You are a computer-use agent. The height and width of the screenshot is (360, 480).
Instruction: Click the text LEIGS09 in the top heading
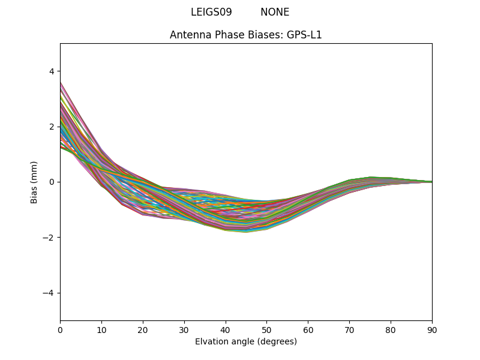(211, 12)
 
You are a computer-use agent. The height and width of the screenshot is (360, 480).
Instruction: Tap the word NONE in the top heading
(275, 12)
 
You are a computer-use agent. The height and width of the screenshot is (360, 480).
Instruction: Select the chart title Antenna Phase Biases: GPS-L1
(246, 35)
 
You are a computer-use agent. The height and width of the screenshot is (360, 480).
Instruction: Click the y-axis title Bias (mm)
(34, 182)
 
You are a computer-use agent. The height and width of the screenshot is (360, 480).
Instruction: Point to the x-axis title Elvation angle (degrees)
(246, 341)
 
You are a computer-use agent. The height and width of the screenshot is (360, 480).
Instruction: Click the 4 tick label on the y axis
(51, 71)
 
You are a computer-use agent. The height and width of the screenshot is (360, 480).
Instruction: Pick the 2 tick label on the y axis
(51, 127)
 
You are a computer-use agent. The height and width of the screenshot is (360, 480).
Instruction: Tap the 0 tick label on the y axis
(51, 182)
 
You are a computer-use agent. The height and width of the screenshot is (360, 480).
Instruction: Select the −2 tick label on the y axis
(49, 238)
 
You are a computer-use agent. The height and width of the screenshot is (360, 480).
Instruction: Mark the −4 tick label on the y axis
(49, 293)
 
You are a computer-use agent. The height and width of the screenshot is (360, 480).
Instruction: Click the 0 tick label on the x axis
(60, 329)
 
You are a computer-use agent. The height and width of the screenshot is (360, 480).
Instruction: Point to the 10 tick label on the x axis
(101, 329)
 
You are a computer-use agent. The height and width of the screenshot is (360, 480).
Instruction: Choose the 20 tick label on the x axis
(143, 329)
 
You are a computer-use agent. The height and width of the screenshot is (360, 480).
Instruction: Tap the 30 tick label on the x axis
(184, 329)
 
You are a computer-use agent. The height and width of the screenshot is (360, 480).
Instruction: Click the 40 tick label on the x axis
(226, 329)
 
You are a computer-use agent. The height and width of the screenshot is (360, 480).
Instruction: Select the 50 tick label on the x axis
(266, 329)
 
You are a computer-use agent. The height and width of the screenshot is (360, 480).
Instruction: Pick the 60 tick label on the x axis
(308, 329)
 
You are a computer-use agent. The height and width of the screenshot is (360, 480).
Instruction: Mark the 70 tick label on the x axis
(349, 329)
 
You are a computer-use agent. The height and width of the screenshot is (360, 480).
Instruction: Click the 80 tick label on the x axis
(391, 329)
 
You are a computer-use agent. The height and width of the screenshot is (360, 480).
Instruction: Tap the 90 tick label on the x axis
(432, 329)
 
